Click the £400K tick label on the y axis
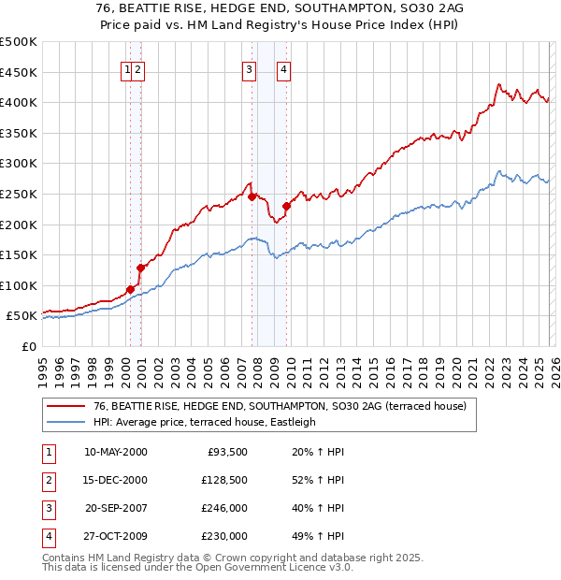[19, 102]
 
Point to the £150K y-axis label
[19, 254]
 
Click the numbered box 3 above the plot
[249, 67]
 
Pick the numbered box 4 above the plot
[282, 67]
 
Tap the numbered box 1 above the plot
[126, 67]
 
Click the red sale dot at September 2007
[252, 196]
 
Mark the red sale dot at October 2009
[286, 206]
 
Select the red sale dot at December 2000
[140, 268]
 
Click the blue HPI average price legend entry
[205, 422]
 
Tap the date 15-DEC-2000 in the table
[116, 480]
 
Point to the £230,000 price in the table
[224, 536]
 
